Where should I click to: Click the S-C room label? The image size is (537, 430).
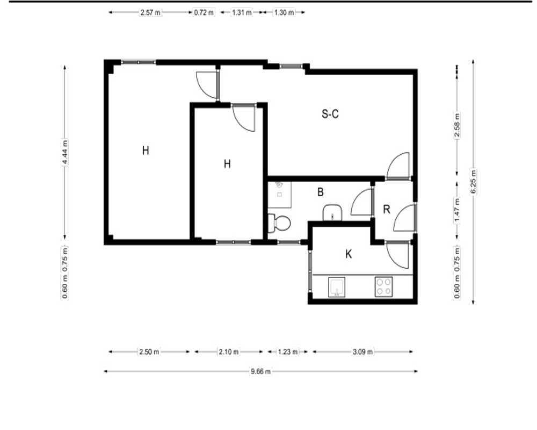pyautogui.click(x=330, y=113)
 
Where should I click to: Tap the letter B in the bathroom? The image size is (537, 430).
pyautogui.click(x=321, y=192)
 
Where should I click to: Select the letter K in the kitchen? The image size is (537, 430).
pyautogui.click(x=349, y=254)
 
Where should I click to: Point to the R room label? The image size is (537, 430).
pyautogui.click(x=386, y=209)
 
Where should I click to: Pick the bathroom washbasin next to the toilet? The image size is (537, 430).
pyautogui.click(x=332, y=213)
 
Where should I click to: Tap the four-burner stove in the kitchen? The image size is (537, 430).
pyautogui.click(x=383, y=286)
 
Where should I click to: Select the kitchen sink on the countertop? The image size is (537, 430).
pyautogui.click(x=337, y=287)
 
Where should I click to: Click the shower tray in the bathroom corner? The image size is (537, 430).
pyautogui.click(x=279, y=195)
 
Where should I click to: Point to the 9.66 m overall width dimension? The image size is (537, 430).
pyautogui.click(x=260, y=371)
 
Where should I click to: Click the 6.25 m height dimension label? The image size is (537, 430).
pyautogui.click(x=473, y=182)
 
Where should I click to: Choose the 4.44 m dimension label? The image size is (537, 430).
pyautogui.click(x=65, y=152)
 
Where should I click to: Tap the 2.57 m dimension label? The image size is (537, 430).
pyautogui.click(x=150, y=13)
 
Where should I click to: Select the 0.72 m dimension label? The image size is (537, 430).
pyautogui.click(x=204, y=13)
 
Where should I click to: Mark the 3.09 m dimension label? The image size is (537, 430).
pyautogui.click(x=362, y=352)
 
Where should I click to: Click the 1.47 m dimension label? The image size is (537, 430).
pyautogui.click(x=457, y=210)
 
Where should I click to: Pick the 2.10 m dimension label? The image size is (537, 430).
pyautogui.click(x=229, y=352)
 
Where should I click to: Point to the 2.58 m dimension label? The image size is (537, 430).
pyautogui.click(x=457, y=125)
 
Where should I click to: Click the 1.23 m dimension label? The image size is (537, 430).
pyautogui.click(x=288, y=352)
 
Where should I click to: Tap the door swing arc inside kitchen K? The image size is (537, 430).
pyautogui.click(x=394, y=261)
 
